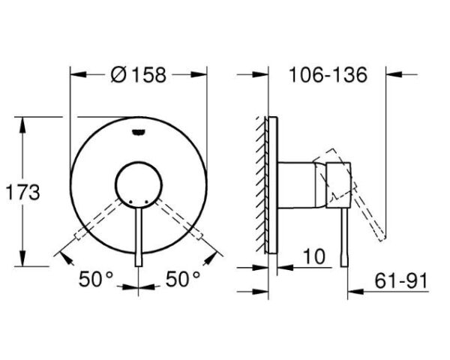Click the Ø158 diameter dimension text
point(138,75)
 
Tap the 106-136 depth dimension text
point(328,75)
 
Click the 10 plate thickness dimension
point(314,256)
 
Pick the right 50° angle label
point(181,279)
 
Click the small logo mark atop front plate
point(139,133)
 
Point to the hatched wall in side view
point(260,184)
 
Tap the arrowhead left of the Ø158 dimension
point(76,73)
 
